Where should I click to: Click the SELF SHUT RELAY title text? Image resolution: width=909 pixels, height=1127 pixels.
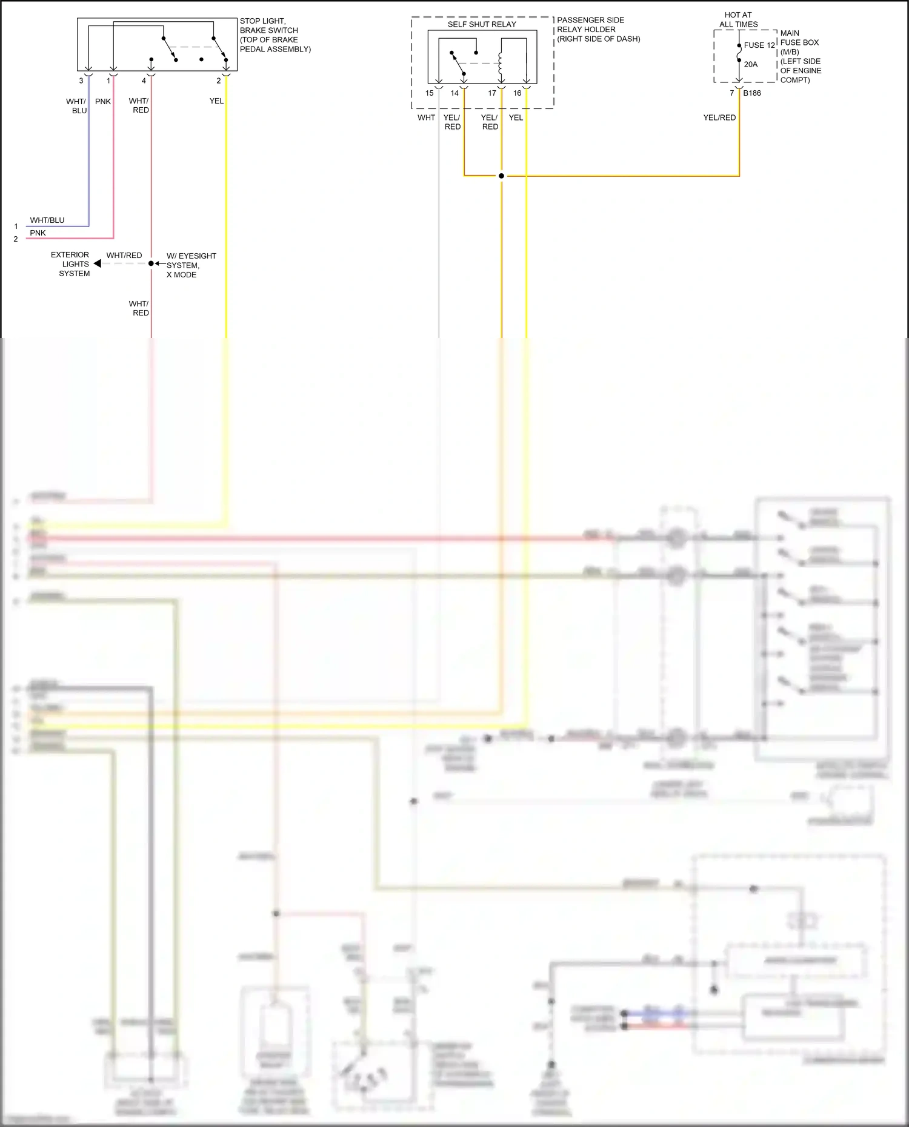[482, 24]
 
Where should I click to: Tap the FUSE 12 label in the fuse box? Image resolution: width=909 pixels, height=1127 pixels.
[759, 45]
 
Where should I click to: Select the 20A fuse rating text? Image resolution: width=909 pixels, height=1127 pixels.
[751, 64]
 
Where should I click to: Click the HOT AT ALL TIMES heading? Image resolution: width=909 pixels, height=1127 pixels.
[738, 20]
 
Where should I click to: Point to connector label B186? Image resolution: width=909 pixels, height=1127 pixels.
[752, 93]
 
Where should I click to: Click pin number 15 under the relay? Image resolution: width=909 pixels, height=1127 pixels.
[429, 93]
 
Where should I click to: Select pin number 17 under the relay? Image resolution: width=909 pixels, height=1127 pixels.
[492, 93]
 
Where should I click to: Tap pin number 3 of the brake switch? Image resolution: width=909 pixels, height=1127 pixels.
[81, 81]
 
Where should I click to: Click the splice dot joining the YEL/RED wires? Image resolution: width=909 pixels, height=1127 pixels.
[501, 176]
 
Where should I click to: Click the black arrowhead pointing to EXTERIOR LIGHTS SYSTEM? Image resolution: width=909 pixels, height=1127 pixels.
[98, 264]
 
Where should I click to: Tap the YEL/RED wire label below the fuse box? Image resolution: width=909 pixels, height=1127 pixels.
[719, 117]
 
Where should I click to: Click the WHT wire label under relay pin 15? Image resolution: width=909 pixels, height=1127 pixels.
[426, 117]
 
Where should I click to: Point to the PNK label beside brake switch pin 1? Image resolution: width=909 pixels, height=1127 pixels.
[103, 101]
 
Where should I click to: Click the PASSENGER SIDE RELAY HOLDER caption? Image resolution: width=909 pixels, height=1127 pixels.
[598, 29]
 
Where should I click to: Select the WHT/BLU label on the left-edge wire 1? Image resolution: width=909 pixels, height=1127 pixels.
[47, 220]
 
